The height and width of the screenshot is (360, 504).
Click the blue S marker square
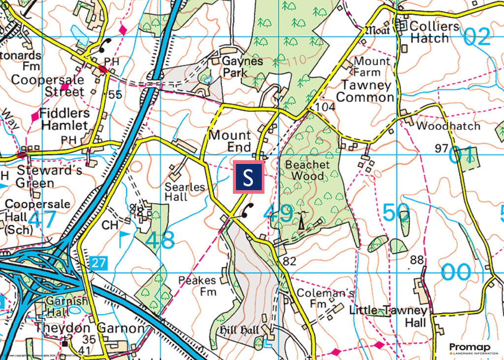249,177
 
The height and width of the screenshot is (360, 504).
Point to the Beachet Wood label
308,170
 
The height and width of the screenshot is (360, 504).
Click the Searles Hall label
185,191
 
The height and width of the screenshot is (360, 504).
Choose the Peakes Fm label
197,286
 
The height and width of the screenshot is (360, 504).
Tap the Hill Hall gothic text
241,330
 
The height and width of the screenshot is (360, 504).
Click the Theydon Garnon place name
90,328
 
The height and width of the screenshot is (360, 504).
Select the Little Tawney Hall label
388,316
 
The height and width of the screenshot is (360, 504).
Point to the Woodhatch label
448,126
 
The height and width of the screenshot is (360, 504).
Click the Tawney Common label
365,91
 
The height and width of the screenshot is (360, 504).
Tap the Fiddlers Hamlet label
65,119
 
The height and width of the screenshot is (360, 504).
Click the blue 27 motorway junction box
98,263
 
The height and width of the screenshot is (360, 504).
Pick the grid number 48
160,240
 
